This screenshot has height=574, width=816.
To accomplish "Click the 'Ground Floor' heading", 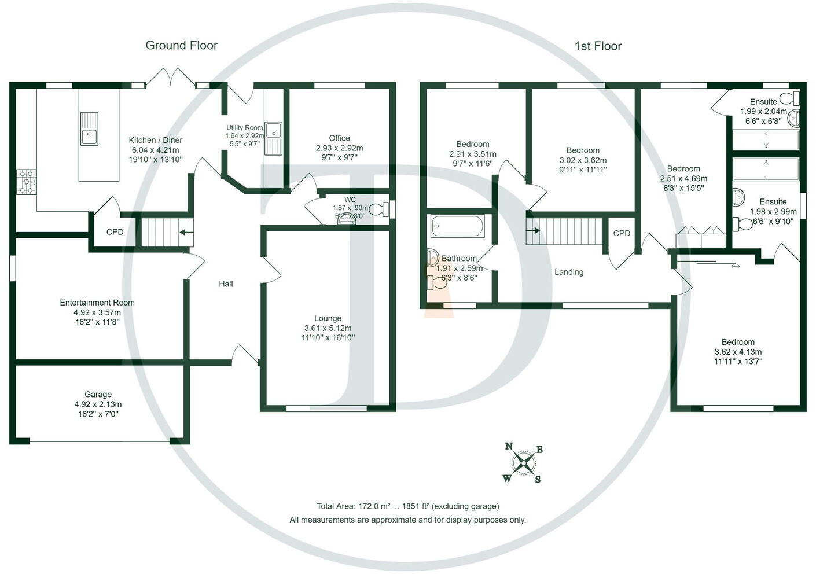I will coord(181,45).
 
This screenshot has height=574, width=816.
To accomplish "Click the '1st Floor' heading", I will coord(598,46).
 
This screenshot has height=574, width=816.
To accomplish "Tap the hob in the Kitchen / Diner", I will coord(26,182).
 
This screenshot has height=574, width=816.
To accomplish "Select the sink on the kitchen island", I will coord(89,129).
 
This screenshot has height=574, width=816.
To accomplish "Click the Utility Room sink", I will coord(273,139).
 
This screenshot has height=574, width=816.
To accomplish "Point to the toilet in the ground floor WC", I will coord(381,209).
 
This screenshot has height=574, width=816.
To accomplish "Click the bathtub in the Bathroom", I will coord(457,226).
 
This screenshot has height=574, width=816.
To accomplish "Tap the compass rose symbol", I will coord(524,462).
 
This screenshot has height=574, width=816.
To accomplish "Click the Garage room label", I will coord(98,395).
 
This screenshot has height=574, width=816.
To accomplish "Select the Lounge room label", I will coord(328,318).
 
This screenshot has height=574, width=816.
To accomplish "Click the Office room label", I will coord(339,138).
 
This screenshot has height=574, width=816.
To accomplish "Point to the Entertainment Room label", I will coord(97,303).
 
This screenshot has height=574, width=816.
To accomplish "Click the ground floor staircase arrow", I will coord(186,233).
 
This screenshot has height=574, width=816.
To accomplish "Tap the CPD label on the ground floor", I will coord(115,232).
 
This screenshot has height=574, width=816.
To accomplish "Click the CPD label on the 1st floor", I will coord(622,233).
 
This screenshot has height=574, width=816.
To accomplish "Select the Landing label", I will coord(569,272).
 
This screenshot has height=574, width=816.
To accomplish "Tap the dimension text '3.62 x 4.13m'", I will coord(738,352).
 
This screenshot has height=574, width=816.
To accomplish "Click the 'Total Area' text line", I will coord(407,506).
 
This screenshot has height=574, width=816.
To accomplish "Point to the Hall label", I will coord(226,284).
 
